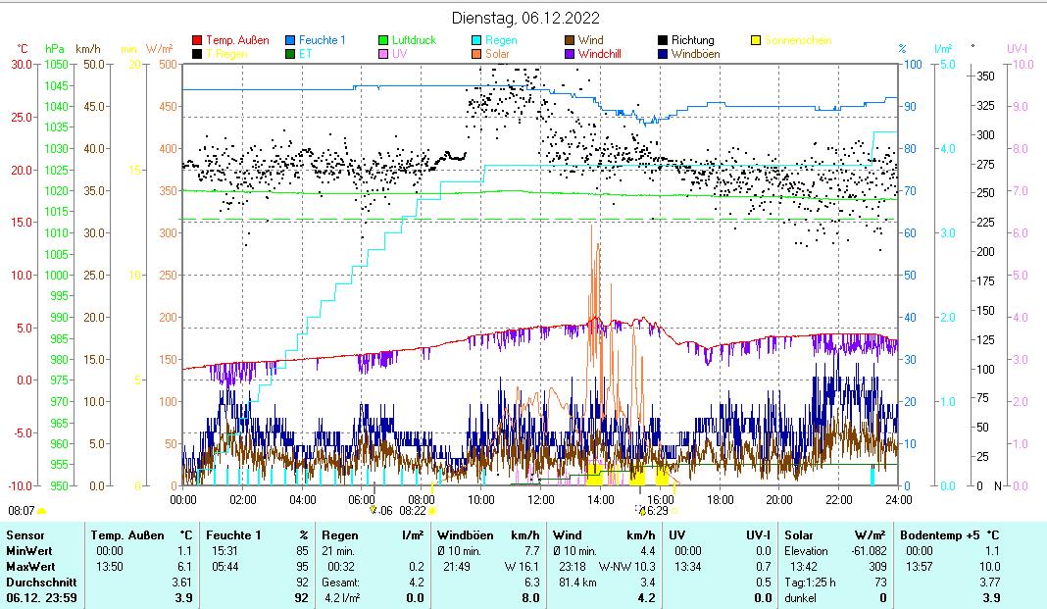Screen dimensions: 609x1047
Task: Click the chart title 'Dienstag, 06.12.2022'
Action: click(x=525, y=18)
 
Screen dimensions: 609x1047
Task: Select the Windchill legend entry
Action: click(x=605, y=54)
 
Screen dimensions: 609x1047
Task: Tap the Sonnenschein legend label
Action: click(x=799, y=40)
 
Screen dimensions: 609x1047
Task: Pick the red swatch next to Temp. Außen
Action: click(x=197, y=40)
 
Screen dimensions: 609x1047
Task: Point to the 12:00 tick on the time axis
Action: click(x=540, y=499)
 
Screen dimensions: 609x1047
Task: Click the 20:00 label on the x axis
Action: click(x=778, y=499)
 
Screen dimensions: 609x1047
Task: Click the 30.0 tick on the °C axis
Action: click(x=22, y=64)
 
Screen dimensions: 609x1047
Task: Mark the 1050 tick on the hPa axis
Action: click(x=56, y=64)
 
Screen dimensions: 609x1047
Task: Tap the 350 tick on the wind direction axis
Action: click(x=986, y=76)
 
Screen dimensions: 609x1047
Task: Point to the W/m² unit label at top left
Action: click(x=159, y=48)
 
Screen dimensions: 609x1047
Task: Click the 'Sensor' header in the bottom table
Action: click(x=25, y=535)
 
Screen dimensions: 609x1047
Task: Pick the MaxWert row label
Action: click(x=29, y=566)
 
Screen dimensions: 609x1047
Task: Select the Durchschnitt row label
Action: click(x=37, y=582)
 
